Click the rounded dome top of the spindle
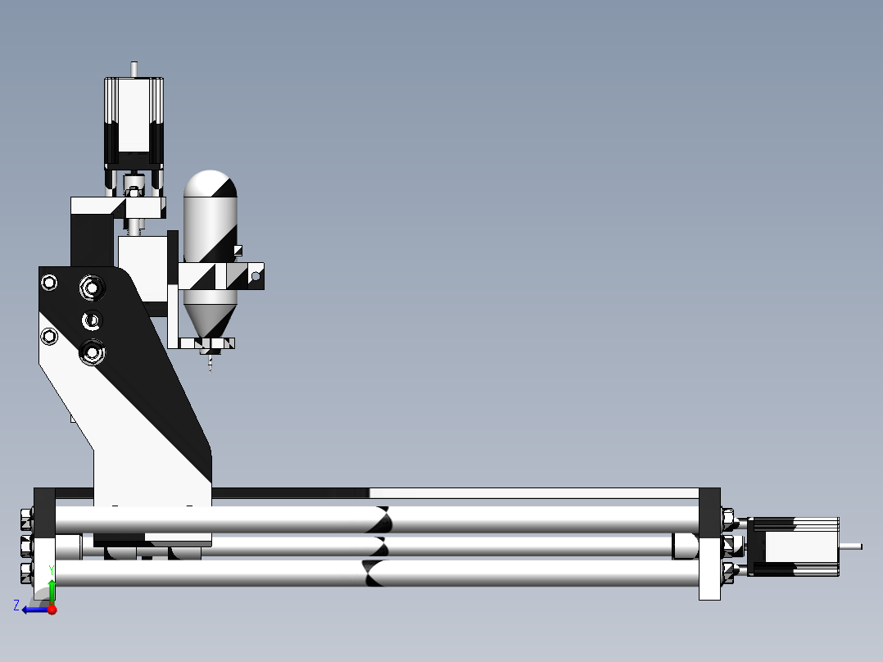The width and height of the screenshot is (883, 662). (211, 182)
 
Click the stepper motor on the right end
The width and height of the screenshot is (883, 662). (793, 546)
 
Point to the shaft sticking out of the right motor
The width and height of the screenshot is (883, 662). (851, 546)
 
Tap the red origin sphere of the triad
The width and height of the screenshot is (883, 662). (52, 610)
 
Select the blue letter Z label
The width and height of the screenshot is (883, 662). (16, 605)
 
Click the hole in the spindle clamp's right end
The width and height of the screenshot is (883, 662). (256, 277)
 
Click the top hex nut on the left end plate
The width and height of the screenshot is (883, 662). (25, 519)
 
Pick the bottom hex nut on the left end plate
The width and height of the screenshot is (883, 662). (25, 572)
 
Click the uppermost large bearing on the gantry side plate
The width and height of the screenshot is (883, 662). (91, 288)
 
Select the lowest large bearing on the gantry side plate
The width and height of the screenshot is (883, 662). (92, 354)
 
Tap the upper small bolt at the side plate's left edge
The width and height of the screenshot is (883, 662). (49, 283)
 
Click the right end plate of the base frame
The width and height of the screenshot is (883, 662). (709, 544)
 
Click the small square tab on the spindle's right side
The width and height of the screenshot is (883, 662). (238, 250)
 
